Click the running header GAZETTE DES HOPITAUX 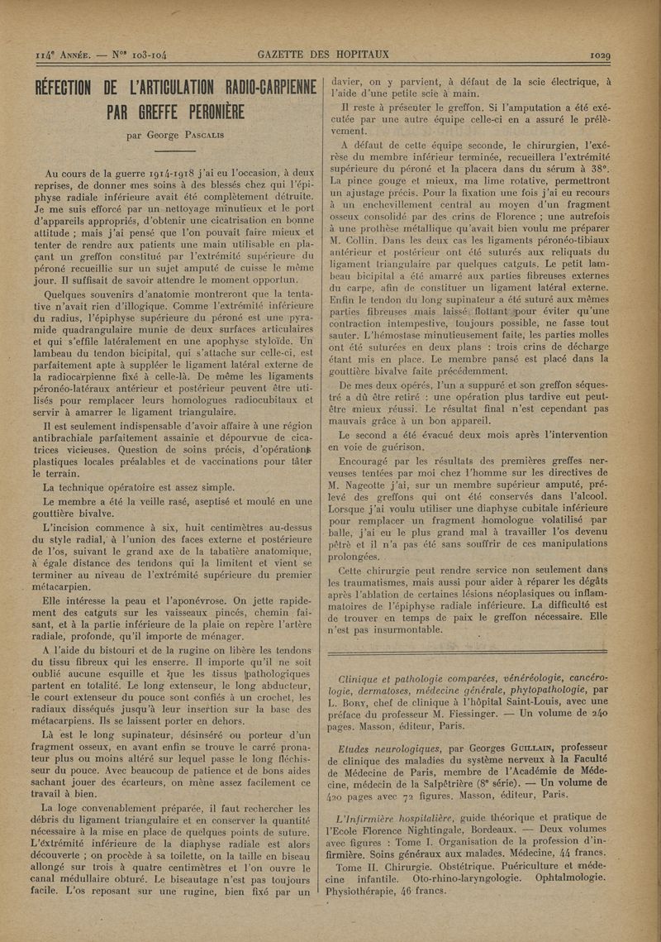tap(323, 55)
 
